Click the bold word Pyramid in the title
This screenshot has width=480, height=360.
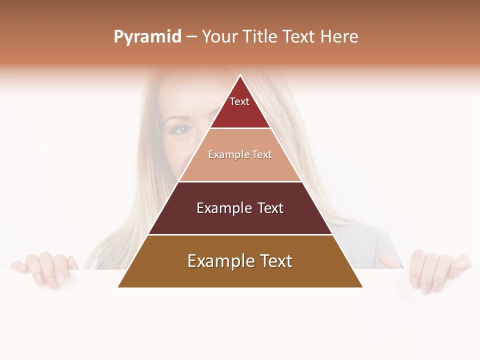[147, 37]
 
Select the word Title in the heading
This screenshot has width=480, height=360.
[260, 36]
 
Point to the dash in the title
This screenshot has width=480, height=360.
[191, 37]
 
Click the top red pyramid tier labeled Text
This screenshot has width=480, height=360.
[239, 107]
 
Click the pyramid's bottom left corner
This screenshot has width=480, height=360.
[119, 286]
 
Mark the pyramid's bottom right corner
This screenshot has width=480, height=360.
[361, 286]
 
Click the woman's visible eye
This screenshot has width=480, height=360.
[182, 129]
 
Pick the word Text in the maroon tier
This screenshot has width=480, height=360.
[270, 208]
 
